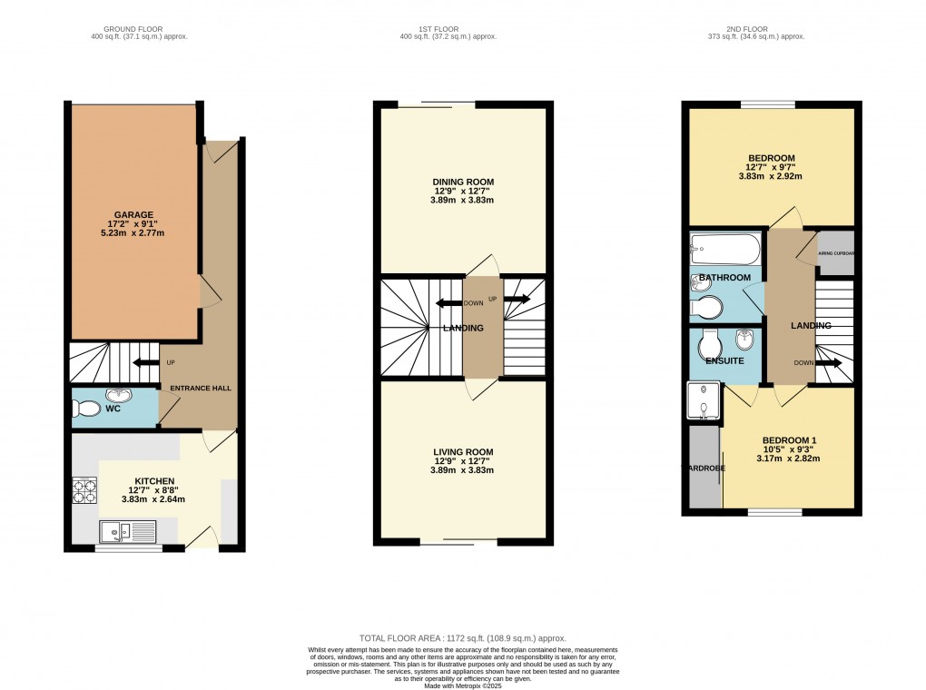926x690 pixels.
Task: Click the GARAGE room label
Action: pyautogui.click(x=133, y=215)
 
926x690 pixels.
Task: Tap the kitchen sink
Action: pyautogui.click(x=126, y=531)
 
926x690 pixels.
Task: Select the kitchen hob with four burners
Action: pyautogui.click(x=84, y=490)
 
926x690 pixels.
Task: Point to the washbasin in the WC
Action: pyautogui.click(x=117, y=395)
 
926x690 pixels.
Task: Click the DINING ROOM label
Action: pyautogui.click(x=463, y=182)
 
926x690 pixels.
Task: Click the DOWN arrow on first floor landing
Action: pyautogui.click(x=448, y=303)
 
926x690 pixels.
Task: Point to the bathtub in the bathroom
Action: pyautogui.click(x=724, y=247)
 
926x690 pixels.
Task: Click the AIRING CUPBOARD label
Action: pyautogui.click(x=836, y=255)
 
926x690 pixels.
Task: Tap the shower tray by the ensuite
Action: pyautogui.click(x=704, y=401)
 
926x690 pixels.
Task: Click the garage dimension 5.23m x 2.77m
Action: pyautogui.click(x=133, y=233)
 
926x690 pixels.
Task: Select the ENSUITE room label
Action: pyautogui.click(x=725, y=360)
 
